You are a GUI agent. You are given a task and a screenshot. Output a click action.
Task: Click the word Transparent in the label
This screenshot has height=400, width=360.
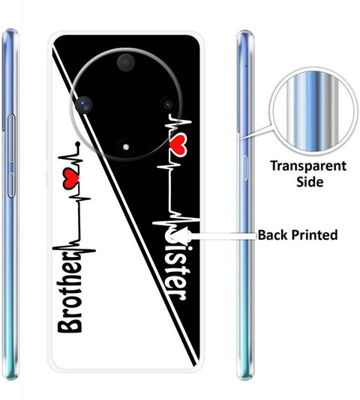click(x=308, y=166)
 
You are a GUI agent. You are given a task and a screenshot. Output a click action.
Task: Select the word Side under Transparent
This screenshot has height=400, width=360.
click(x=310, y=182)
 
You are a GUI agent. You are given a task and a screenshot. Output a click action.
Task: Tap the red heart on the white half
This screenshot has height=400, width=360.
click(x=70, y=178)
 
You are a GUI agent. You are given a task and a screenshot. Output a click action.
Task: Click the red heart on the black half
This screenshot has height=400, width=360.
click(x=177, y=145)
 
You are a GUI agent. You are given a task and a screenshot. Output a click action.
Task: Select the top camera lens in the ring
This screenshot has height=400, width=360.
click(x=126, y=62)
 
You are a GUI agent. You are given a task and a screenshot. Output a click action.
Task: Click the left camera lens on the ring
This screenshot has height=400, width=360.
click(x=84, y=105)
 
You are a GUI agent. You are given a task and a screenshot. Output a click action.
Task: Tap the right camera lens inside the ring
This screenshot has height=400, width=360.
click(x=168, y=104)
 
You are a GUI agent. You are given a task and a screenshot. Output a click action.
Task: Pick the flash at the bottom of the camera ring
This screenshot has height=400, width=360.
click(x=125, y=147)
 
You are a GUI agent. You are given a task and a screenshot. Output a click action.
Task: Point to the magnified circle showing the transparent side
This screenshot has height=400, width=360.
click(x=313, y=112)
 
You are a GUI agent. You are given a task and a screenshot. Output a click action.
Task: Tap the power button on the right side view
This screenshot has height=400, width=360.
click(x=244, y=168)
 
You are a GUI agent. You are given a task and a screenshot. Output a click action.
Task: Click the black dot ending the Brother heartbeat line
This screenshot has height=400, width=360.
click(x=78, y=145)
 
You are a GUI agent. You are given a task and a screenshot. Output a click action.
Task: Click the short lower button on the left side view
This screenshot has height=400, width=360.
click(x=11, y=186)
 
